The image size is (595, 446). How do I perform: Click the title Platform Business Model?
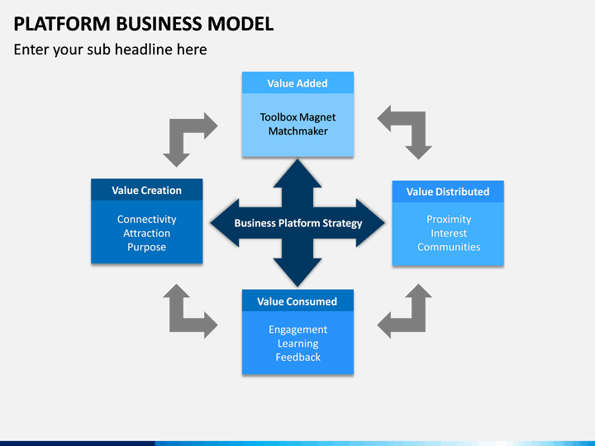click(x=144, y=23)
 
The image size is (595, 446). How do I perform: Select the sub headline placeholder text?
click(x=111, y=50)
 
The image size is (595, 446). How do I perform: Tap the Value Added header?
click(x=297, y=83)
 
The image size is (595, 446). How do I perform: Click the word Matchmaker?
click(x=297, y=131)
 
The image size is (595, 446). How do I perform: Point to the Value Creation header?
click(x=146, y=190)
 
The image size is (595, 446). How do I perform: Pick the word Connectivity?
click(x=146, y=219)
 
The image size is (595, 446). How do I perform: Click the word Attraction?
click(x=146, y=233)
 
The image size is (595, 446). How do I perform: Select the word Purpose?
click(x=146, y=247)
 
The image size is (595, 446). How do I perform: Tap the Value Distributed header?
click(x=448, y=192)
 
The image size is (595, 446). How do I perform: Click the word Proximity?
click(x=449, y=219)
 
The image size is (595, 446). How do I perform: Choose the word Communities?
click(x=449, y=247)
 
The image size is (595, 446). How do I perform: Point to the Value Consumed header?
click(x=297, y=301)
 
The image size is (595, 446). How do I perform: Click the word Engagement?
click(x=297, y=330)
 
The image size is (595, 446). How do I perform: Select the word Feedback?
click(x=297, y=358)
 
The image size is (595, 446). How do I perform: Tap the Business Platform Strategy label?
click(x=297, y=223)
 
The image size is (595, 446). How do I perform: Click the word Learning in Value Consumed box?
click(x=297, y=344)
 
